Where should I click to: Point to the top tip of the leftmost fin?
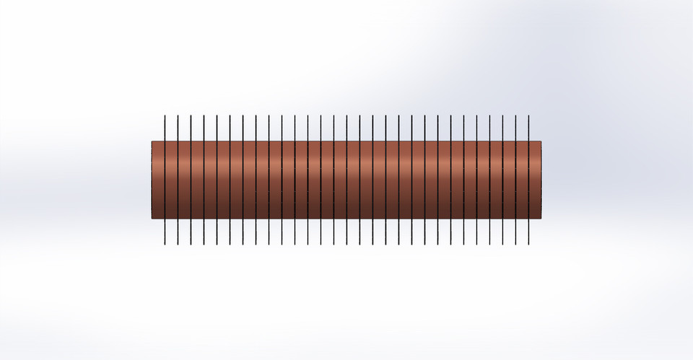click(x=165, y=115)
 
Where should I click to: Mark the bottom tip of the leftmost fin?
click(x=165, y=243)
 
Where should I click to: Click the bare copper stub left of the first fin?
click(x=157, y=179)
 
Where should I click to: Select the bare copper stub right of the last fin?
click(x=536, y=179)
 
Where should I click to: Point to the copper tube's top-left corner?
click(x=152, y=141)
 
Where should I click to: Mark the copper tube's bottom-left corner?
click(x=152, y=218)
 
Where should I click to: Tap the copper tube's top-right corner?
click(x=541, y=141)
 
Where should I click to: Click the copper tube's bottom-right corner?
click(x=541, y=218)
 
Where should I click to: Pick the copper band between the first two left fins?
click(x=171, y=179)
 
